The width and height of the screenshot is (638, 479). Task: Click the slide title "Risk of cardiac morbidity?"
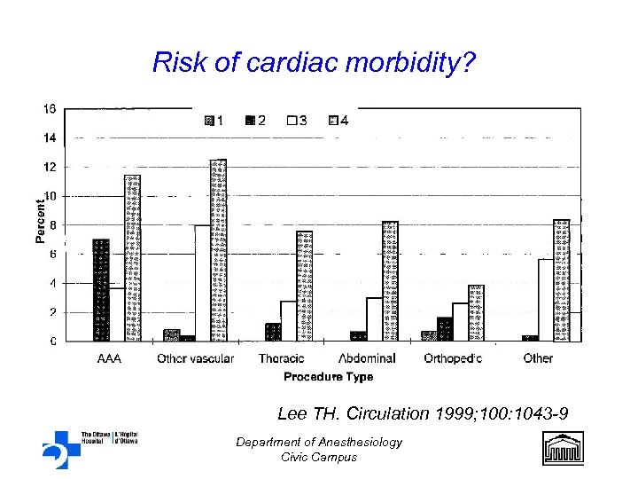click(315, 63)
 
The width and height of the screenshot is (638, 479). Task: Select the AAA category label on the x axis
click(109, 358)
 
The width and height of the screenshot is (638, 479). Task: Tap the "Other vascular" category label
click(195, 358)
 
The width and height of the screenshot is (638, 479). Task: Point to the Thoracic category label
click(281, 358)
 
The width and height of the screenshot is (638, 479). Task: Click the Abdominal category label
click(367, 358)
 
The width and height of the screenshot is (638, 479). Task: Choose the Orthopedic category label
click(453, 358)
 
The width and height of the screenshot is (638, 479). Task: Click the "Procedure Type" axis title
click(328, 377)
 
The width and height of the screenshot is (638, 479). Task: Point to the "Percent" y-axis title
click(40, 220)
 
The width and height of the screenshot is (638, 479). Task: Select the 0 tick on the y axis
click(52, 341)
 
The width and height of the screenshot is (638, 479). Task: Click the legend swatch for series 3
click(292, 122)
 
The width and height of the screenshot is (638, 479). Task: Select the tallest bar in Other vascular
click(218, 250)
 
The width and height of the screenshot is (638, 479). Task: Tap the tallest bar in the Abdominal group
click(390, 280)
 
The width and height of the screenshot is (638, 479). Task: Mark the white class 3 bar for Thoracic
click(288, 320)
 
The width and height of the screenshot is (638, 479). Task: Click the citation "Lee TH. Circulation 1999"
click(423, 413)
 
